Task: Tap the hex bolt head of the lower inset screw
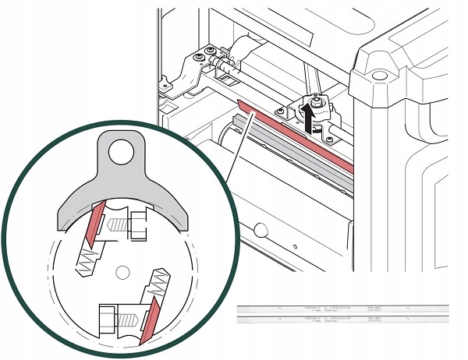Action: click(x=106, y=318)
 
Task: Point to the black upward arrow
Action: click(x=310, y=119)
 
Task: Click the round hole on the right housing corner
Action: click(x=381, y=76)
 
